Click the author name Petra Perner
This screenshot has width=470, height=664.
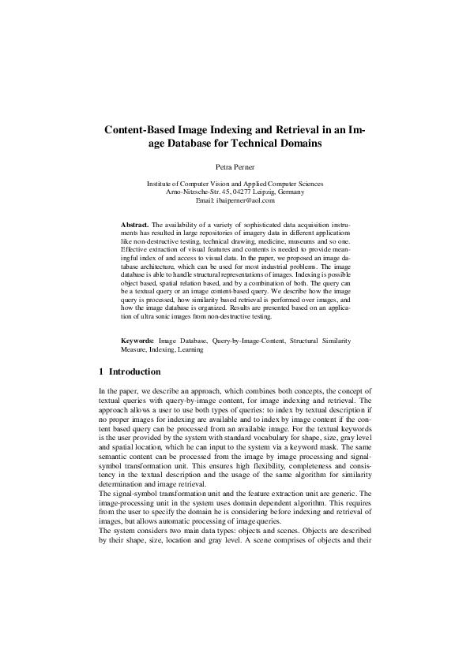(x=235, y=167)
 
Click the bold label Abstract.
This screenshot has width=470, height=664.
(x=135, y=225)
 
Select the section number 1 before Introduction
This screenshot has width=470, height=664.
(x=101, y=371)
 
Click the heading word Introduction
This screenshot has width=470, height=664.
(x=135, y=371)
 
